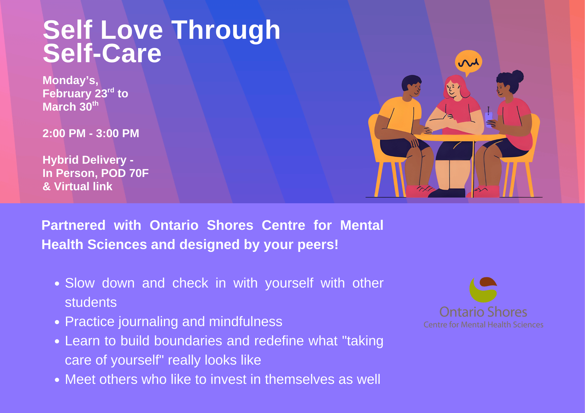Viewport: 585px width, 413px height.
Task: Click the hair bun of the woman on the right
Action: coord(517,76)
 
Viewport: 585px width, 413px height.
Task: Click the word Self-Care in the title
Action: coord(102,53)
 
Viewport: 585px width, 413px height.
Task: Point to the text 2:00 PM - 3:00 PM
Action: coord(91,133)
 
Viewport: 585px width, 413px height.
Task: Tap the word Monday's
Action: coord(70,80)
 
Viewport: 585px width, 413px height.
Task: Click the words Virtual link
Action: coord(83,186)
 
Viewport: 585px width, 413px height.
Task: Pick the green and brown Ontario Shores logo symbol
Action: coord(483,290)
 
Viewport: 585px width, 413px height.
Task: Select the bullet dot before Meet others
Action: coord(57,380)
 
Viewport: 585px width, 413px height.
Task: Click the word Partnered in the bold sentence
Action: coord(73,225)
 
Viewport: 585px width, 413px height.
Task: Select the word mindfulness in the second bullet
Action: coord(245,321)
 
